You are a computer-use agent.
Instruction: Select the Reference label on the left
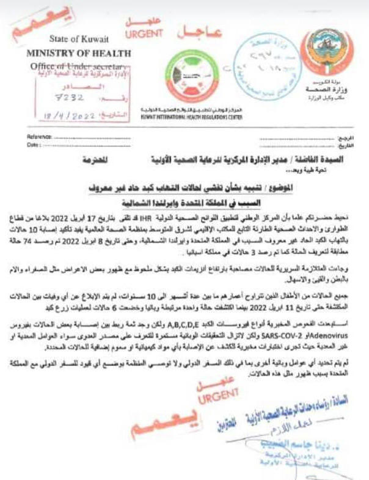pyautogui.click(x=39, y=137)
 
